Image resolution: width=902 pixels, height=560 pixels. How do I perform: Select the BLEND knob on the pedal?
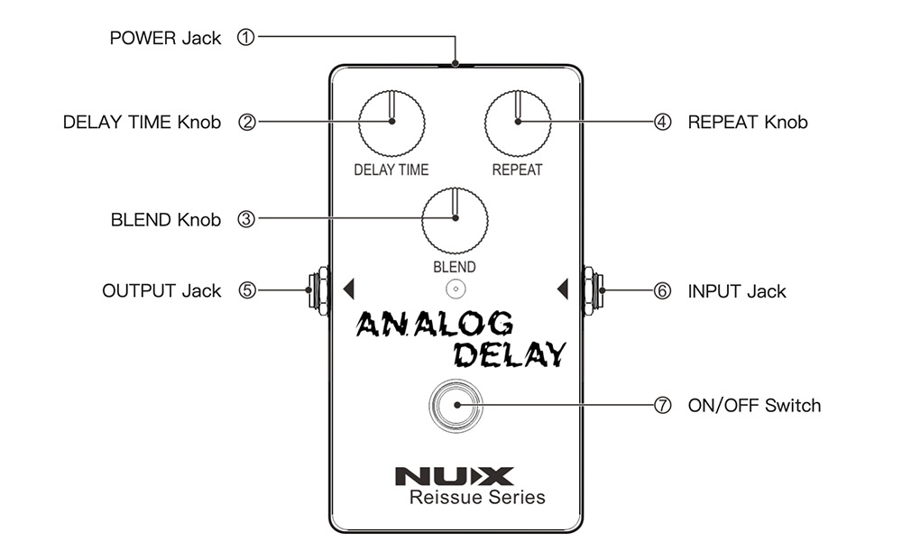455,219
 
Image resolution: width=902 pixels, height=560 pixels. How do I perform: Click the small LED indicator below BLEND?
456,289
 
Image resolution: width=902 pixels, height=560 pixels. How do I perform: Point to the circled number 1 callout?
246,38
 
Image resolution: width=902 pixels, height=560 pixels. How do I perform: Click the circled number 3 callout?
246,219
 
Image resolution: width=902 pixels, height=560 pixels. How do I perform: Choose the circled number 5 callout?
246,290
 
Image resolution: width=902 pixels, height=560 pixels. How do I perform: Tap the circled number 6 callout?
663,290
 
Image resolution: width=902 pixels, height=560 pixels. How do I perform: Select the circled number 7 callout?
663,405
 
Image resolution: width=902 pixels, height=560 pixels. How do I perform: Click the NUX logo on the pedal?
455,475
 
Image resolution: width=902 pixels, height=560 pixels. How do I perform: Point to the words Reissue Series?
477,497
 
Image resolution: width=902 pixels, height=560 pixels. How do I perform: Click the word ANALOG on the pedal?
435,324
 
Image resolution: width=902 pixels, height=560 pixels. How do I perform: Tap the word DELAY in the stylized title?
510,353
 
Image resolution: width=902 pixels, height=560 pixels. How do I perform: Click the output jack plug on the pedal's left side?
317,290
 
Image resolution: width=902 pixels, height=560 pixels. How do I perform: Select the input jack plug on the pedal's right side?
593,290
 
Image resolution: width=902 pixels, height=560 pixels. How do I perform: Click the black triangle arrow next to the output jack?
350,289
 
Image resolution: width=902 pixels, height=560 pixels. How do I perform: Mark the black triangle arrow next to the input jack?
563,289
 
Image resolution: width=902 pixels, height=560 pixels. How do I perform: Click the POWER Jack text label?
165,38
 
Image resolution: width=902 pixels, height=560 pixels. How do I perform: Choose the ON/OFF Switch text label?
754,405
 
